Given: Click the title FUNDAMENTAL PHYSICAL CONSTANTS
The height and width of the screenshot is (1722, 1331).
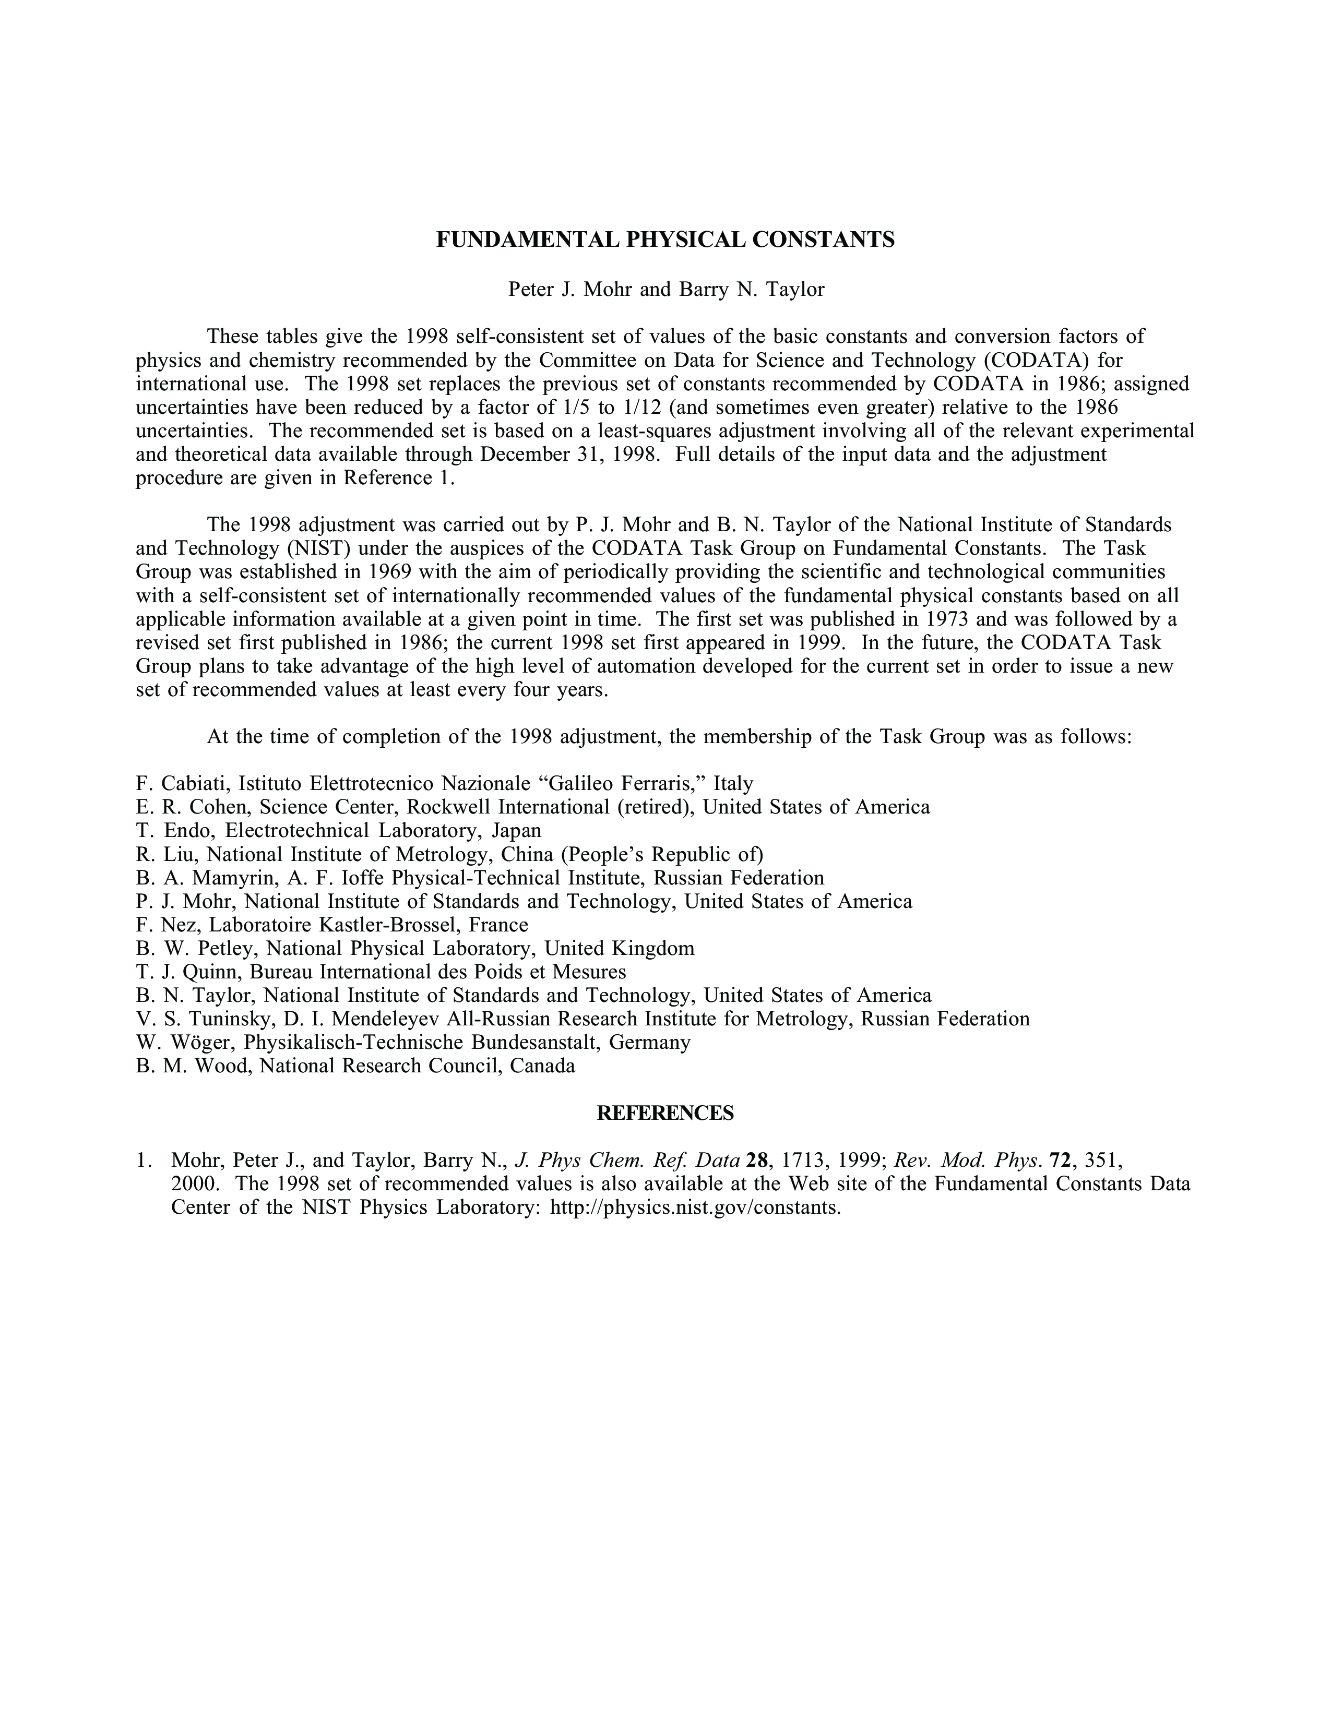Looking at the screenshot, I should (665, 240).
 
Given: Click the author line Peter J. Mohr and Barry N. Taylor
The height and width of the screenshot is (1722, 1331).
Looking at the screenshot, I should (665, 290).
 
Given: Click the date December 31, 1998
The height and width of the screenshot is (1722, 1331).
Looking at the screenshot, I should (569, 454).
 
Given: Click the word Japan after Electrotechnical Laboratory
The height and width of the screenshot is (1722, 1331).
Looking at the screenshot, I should (516, 830).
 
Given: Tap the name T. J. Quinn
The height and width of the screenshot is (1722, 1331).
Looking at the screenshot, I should (187, 972).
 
